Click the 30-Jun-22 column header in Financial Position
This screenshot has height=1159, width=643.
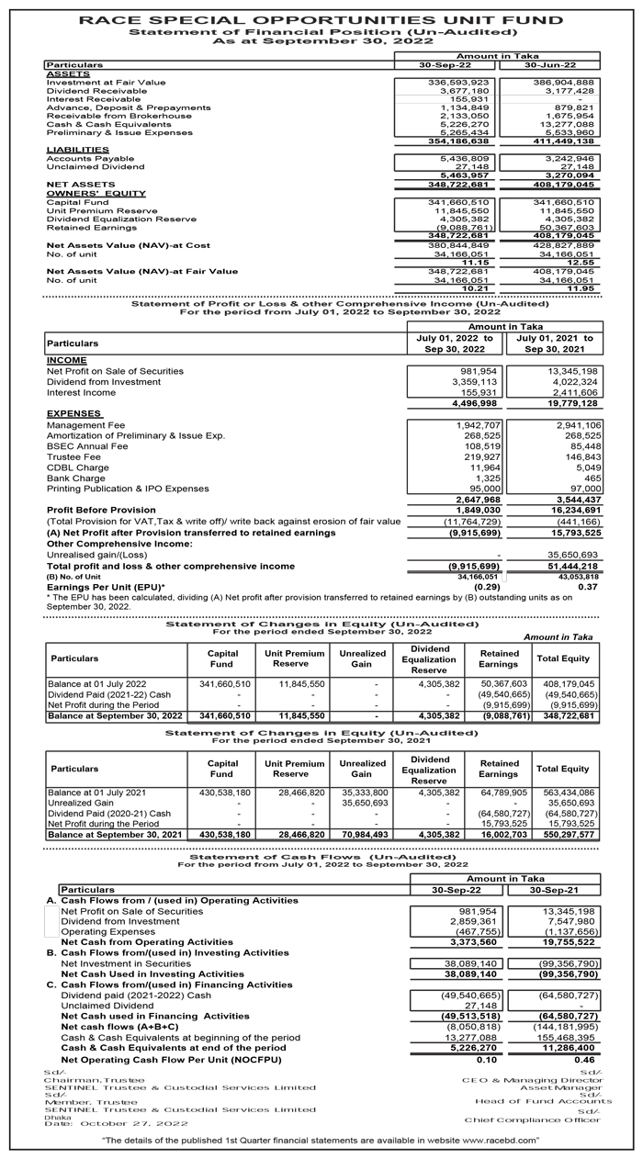[547, 65]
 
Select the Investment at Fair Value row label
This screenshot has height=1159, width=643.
[106, 83]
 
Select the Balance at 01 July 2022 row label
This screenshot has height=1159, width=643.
[96, 684]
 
